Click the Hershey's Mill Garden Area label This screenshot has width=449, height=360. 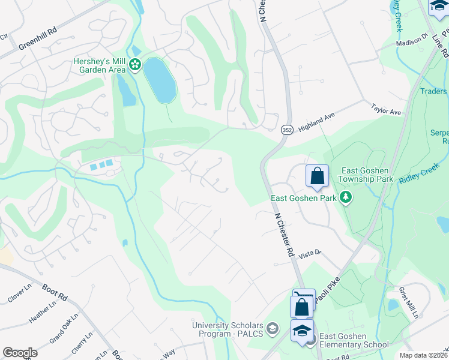pos(99,65)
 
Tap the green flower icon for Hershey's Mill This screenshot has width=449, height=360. pos(135,64)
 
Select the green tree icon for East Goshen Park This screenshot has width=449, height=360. pos(345,197)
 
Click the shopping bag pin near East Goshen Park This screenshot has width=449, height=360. pos(317,176)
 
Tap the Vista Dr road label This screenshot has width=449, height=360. pos(310,254)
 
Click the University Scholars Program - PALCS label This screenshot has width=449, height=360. pos(228,329)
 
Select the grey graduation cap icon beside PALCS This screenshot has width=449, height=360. pos(273,328)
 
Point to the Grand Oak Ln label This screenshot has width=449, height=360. pos(65,326)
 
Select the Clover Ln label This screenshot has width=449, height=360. pos(23,296)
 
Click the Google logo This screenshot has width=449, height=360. pos(20,353)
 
